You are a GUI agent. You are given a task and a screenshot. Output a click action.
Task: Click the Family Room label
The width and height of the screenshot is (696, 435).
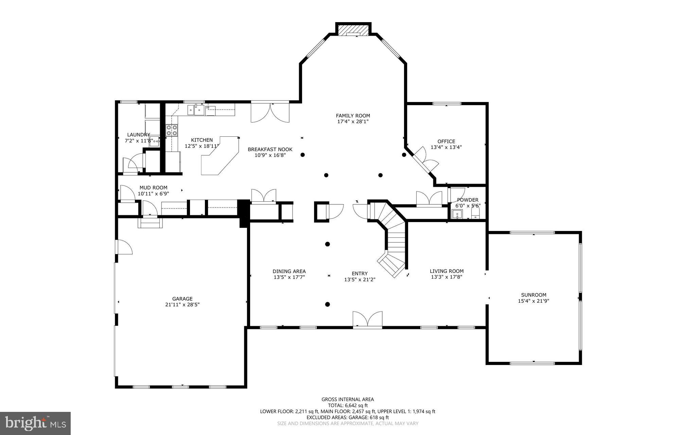coord(353,116)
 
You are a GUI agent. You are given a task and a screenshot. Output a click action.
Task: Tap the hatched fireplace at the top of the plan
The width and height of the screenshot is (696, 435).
coord(353,29)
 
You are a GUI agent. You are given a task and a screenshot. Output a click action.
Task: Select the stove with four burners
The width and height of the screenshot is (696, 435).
coord(172,131)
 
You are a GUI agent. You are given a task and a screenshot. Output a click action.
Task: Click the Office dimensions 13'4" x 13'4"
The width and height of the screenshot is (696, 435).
coord(446,147)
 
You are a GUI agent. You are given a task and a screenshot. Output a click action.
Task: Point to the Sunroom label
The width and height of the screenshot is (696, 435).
coord(534,295)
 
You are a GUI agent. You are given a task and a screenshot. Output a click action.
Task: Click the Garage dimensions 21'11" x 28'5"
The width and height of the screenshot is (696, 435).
coord(182,305)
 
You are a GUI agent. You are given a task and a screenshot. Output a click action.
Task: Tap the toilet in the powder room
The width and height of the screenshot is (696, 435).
coord(475,213)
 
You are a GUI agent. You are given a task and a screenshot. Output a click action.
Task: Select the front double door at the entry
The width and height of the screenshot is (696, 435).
coord(367,320)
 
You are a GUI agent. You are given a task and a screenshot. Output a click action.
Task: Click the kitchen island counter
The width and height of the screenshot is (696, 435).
coord(220,156)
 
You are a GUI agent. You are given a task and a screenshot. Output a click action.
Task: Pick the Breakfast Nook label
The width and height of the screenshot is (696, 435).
coord(270,149)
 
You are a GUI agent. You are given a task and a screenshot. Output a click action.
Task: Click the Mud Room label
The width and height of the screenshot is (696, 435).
coord(153,187)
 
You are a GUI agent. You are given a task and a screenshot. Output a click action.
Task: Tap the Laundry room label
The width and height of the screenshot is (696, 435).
coord(138,135)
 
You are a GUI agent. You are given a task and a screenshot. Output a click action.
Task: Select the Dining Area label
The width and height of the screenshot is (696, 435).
coord(289,271)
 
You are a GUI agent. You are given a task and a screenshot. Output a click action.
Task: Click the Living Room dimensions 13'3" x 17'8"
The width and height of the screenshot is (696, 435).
coord(447,277)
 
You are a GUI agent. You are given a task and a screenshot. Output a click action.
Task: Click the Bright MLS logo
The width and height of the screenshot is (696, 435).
coord(35,423)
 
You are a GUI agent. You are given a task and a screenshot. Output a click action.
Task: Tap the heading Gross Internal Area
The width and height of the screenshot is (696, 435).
coord(348,399)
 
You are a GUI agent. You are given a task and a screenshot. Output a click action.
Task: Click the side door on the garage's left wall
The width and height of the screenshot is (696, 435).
coord(123,247)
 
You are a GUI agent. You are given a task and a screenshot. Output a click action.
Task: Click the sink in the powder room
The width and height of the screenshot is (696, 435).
coord(457,214)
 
